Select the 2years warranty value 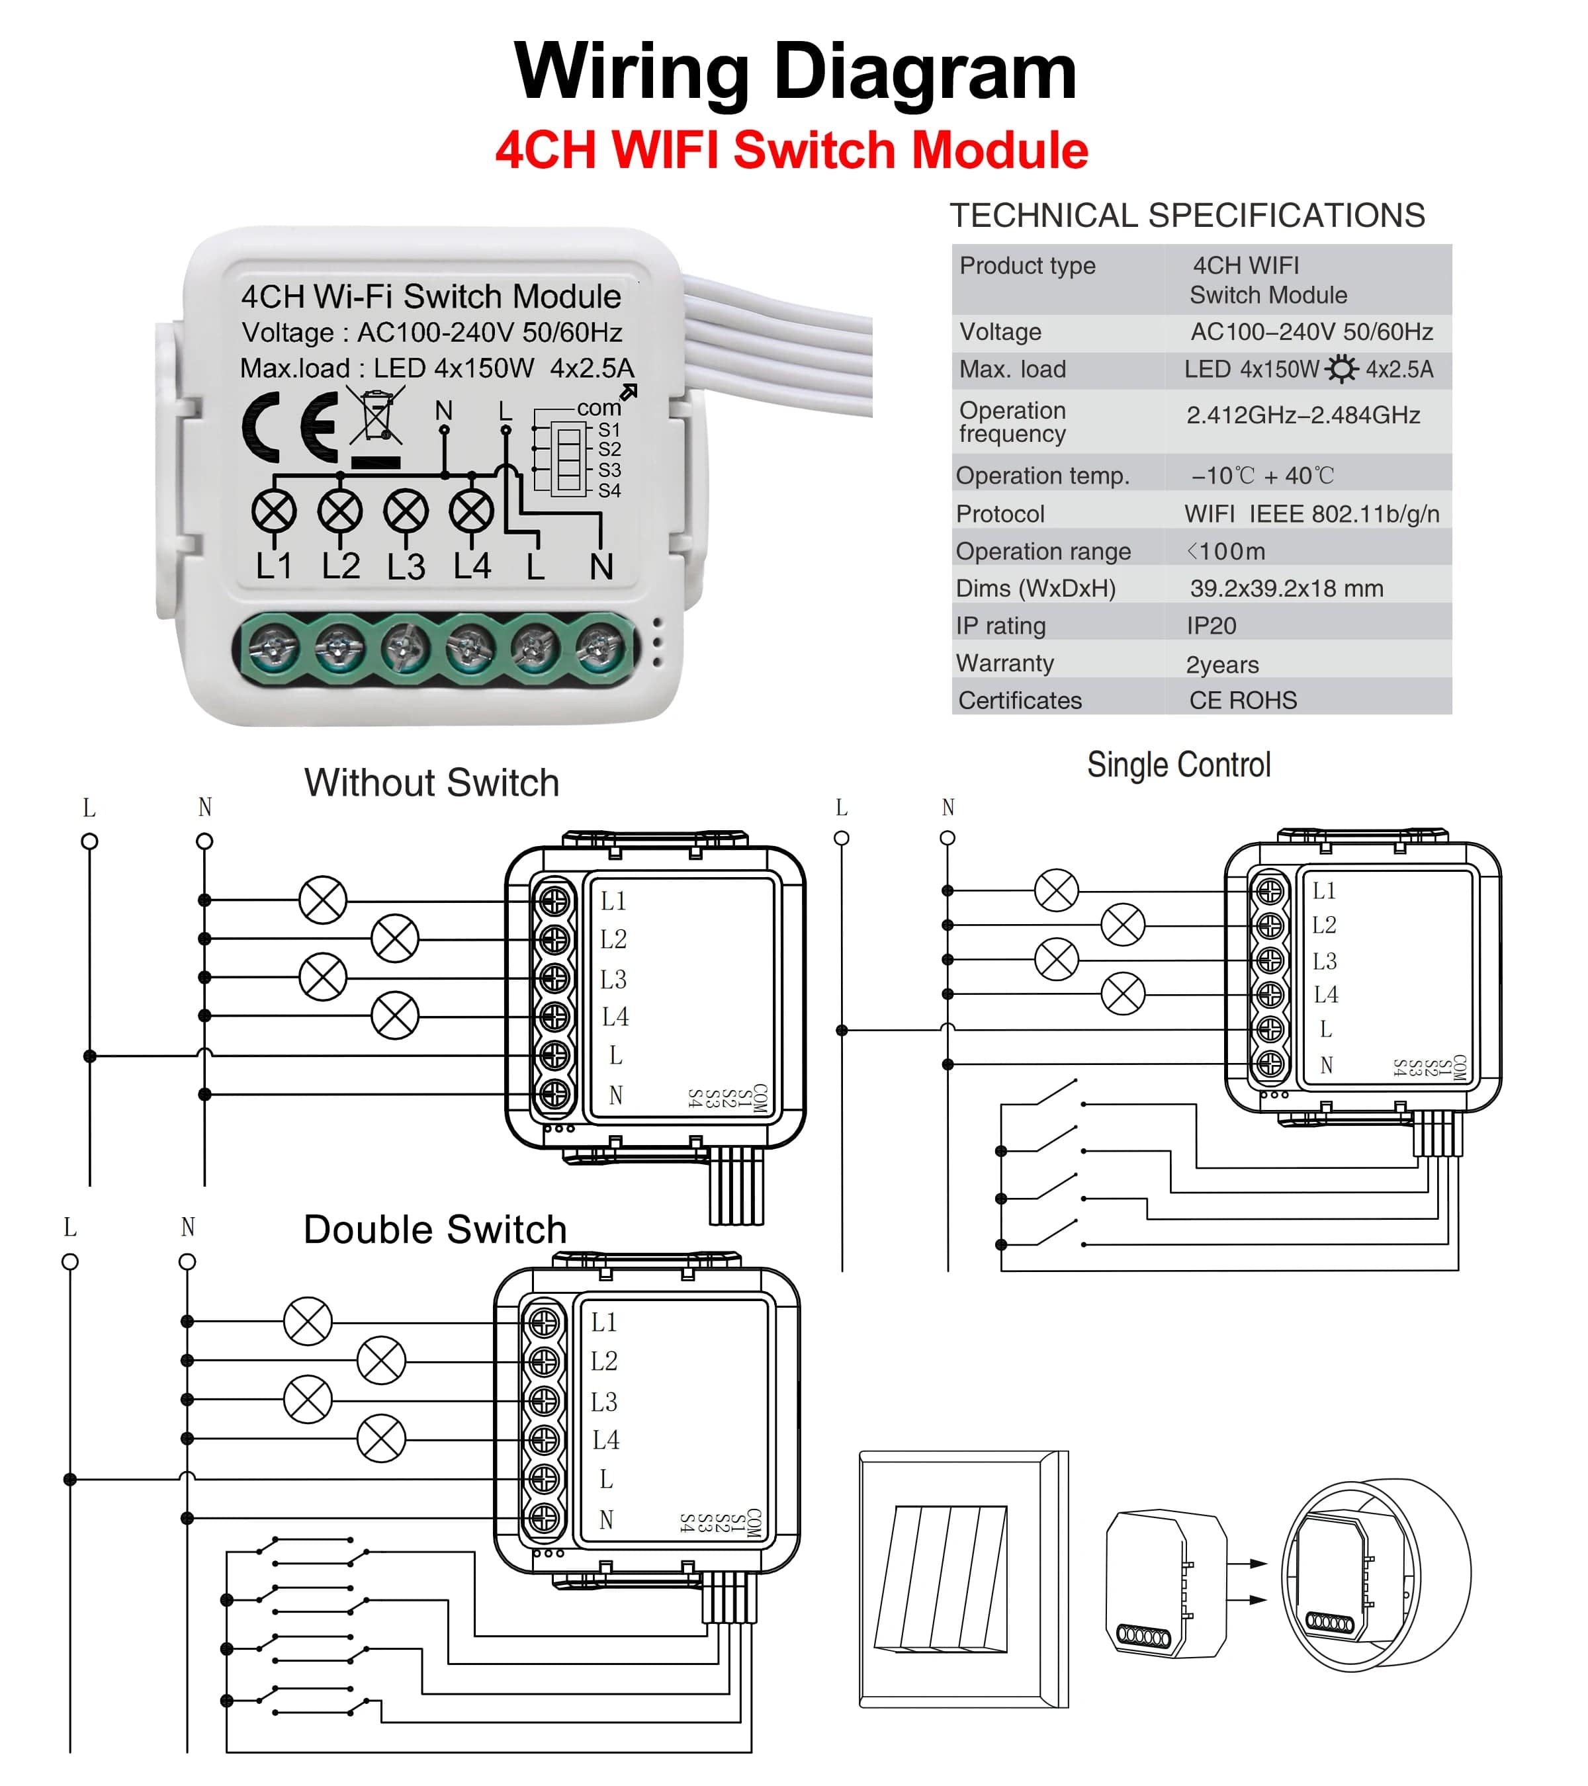click(x=1222, y=664)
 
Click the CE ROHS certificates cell click(x=1243, y=700)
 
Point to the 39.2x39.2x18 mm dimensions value click(x=1286, y=588)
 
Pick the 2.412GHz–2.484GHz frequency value click(x=1302, y=415)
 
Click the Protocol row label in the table click(x=1000, y=514)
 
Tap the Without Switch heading click(x=432, y=782)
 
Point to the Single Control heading click(x=1178, y=765)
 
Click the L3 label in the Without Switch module click(x=613, y=978)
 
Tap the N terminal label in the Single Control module click(x=1326, y=1065)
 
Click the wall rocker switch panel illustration click(x=963, y=1579)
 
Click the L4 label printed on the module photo click(x=472, y=566)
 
